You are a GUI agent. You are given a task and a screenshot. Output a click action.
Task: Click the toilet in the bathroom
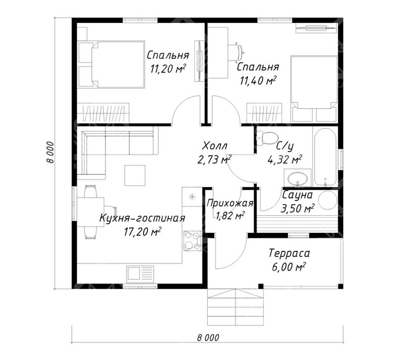267,137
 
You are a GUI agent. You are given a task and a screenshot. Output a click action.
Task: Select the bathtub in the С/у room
325,157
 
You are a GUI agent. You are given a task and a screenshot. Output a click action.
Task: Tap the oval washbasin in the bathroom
297,179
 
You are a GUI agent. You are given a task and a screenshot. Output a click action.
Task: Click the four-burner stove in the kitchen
192,241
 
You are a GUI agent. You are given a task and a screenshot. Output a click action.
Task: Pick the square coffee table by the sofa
135,175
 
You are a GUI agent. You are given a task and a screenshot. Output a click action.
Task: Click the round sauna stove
328,200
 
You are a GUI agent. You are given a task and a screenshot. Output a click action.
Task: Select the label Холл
215,145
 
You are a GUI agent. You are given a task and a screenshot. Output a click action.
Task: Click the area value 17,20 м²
142,232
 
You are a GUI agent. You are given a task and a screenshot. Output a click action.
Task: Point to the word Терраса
289,254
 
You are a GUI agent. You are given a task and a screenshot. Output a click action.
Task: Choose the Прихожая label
230,204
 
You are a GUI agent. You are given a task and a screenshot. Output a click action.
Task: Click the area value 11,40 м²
258,81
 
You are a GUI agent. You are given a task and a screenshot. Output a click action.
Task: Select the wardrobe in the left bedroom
103,112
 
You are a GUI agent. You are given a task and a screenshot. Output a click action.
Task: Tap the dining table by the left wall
91,212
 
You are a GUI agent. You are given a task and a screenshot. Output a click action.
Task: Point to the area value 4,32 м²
284,159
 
